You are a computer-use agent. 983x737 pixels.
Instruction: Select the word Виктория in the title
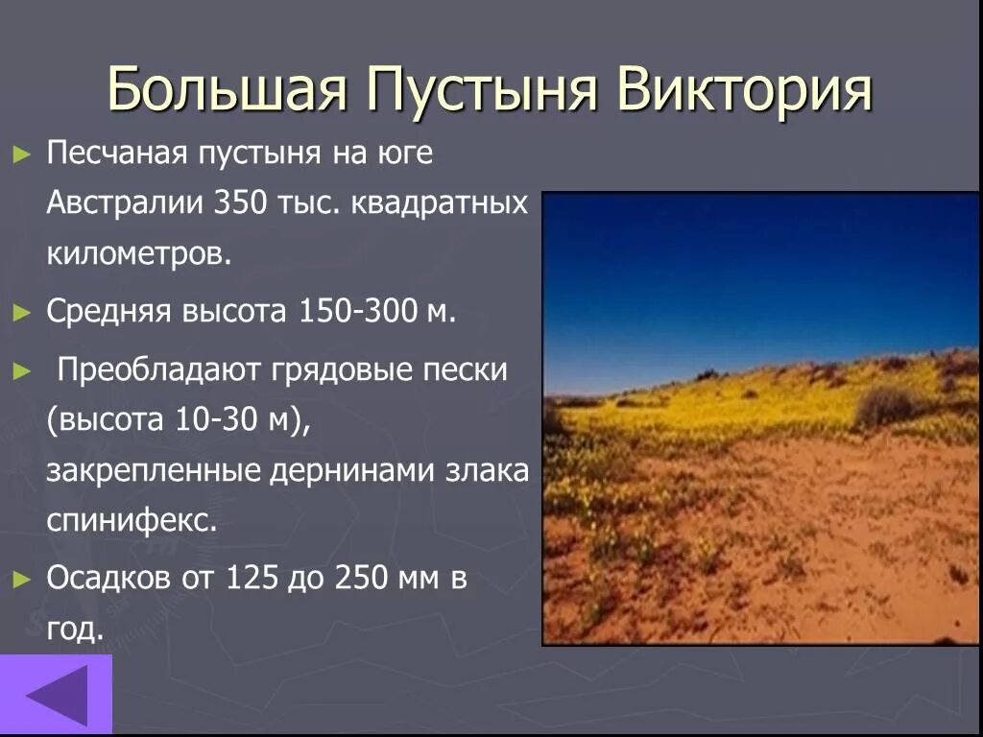(745, 90)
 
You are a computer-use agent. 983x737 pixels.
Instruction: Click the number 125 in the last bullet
(252, 578)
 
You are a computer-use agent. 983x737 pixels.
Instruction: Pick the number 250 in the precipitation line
(362, 578)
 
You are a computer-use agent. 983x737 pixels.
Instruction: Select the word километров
(138, 255)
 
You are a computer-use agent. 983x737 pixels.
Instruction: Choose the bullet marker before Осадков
(21, 579)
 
